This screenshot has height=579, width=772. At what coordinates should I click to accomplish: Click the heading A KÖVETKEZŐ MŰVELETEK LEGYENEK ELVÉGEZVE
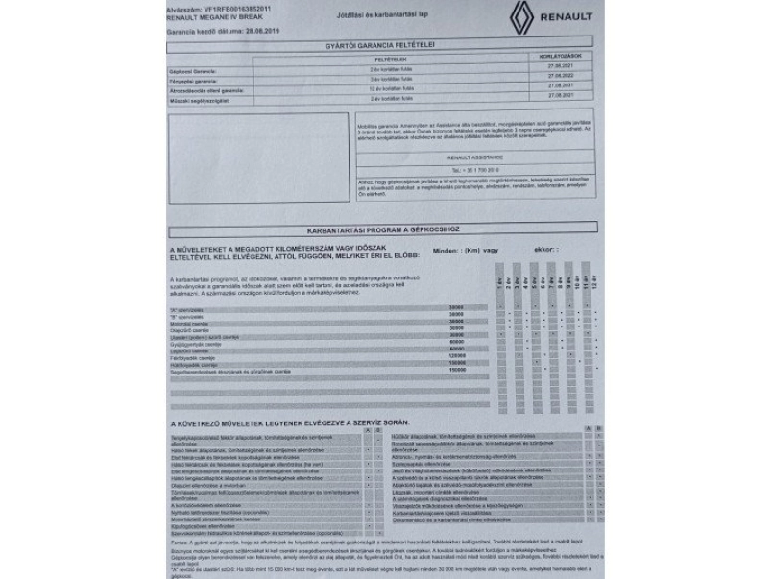[x=288, y=422]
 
